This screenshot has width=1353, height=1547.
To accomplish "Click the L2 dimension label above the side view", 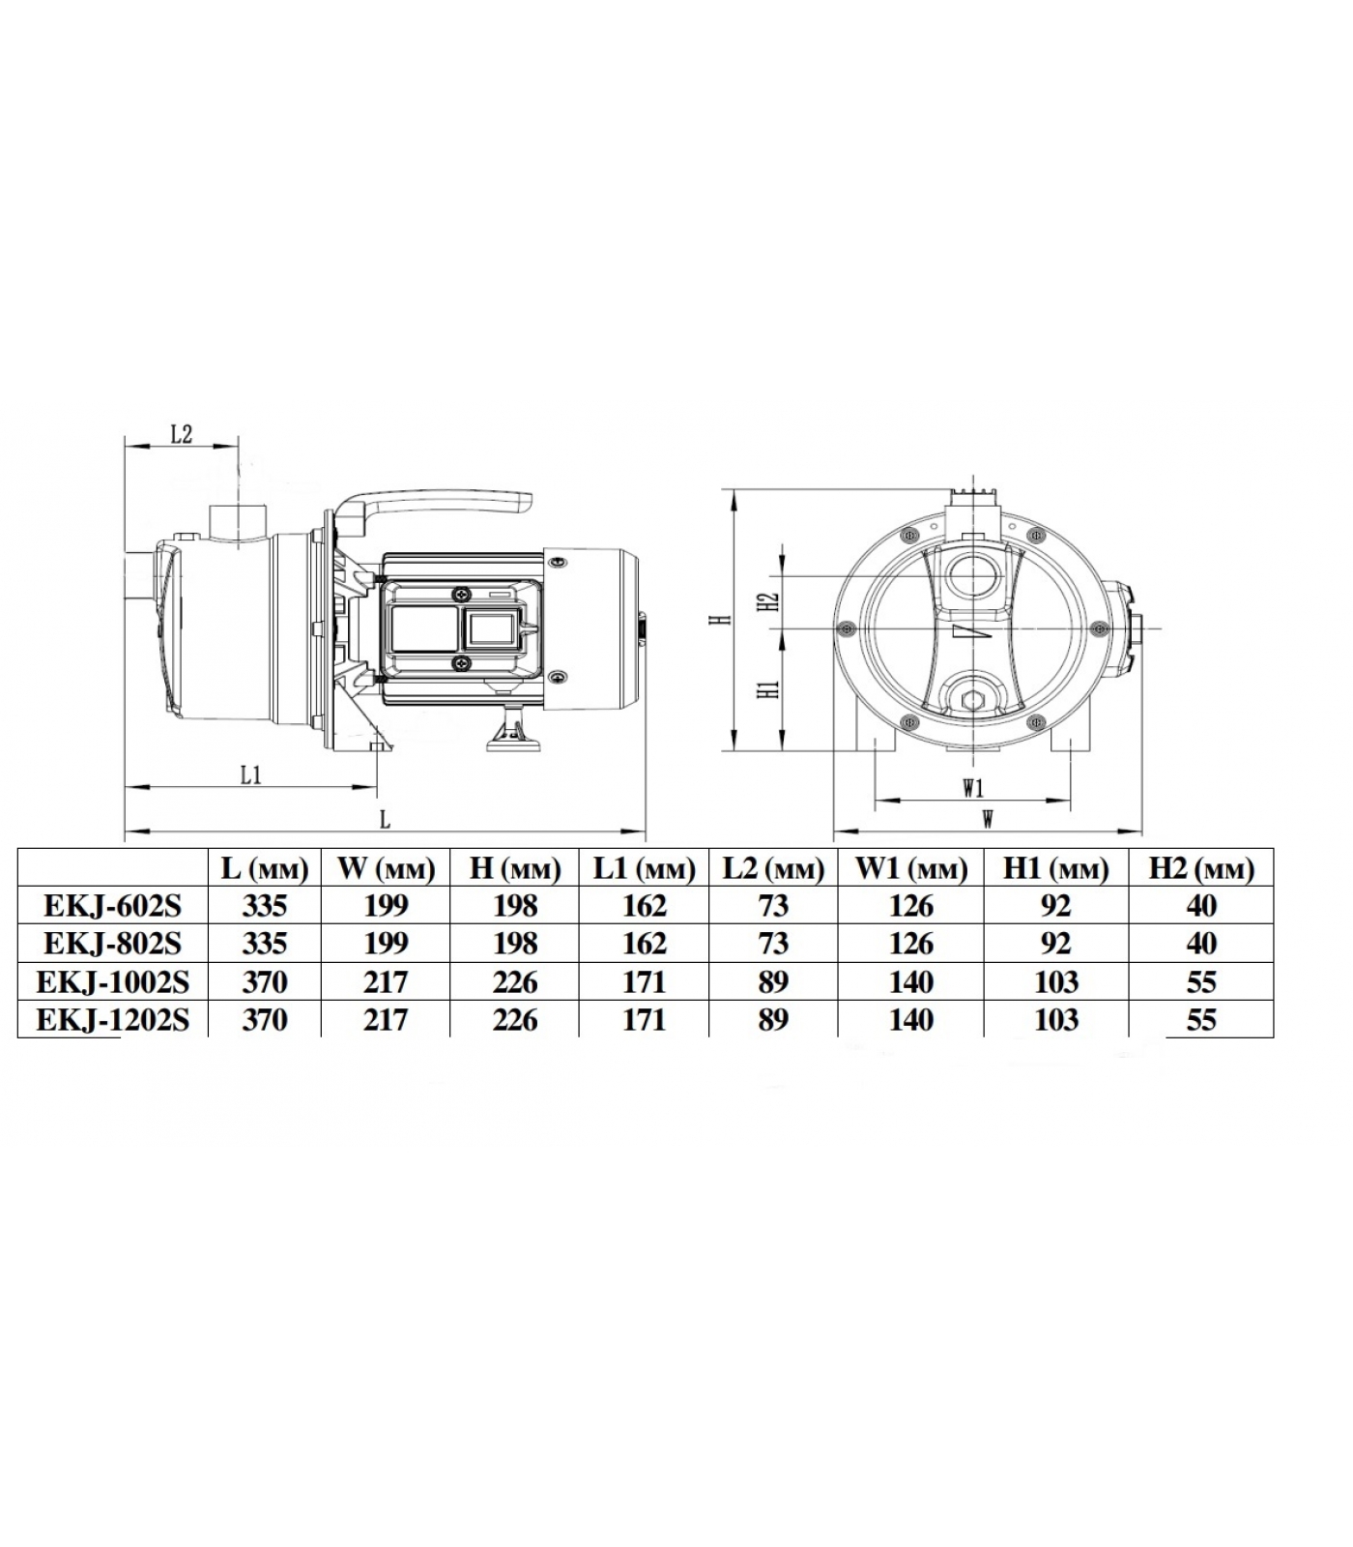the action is coord(181,434).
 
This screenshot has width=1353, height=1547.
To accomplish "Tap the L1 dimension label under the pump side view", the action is coord(251,774).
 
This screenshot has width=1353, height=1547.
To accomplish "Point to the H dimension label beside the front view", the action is coord(717,620).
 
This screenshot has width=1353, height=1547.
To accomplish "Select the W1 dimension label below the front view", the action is coord(973,787).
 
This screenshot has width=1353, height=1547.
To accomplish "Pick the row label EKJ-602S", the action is coord(112,906).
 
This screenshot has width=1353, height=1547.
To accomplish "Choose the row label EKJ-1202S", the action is coord(112,1020).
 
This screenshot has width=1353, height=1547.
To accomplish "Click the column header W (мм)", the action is coord(386,868).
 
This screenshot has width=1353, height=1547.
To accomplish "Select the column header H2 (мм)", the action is coord(1201,868).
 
